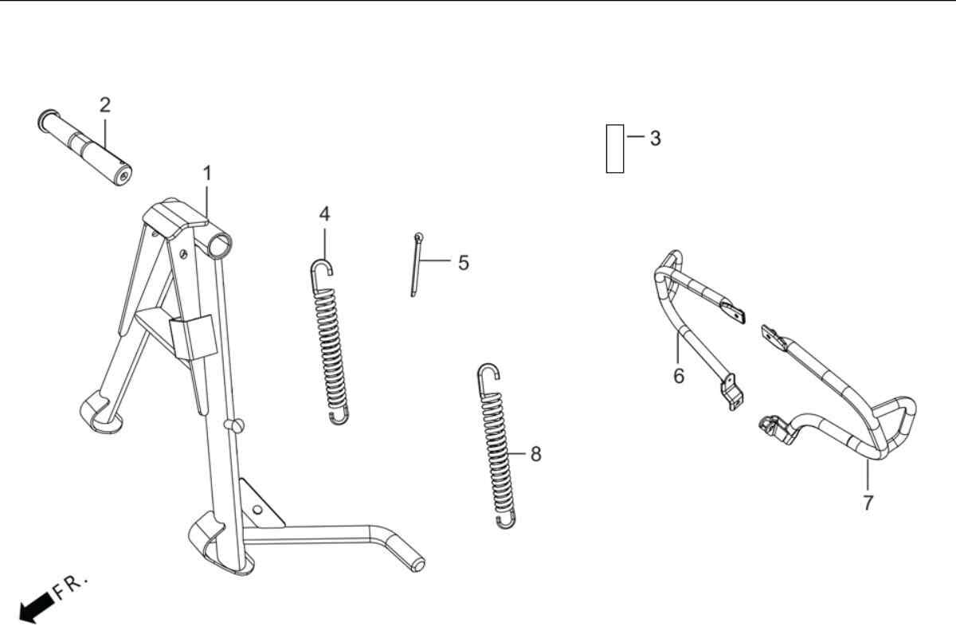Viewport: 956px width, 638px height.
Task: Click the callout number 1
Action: [x=207, y=174]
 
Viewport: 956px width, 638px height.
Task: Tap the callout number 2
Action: [x=105, y=105]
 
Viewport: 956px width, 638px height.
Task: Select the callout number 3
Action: [x=656, y=139]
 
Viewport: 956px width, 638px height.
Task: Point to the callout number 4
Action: [x=324, y=214]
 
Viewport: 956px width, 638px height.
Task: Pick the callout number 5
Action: [x=464, y=263]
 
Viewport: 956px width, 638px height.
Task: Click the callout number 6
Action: [x=679, y=376]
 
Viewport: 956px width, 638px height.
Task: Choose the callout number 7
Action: [x=868, y=503]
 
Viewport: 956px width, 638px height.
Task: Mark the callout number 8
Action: [x=536, y=454]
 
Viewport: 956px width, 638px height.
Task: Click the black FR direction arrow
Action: [x=37, y=607]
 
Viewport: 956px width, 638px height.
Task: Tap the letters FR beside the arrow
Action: [x=69, y=586]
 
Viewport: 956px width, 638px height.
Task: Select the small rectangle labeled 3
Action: [x=615, y=149]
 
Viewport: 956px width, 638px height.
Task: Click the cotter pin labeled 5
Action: [x=416, y=264]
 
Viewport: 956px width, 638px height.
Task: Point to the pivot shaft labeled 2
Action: [x=84, y=147]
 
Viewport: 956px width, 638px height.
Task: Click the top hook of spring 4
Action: [x=321, y=269]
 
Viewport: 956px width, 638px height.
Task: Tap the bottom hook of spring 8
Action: [x=507, y=521]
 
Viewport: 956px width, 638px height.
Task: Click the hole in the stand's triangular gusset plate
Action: [x=257, y=510]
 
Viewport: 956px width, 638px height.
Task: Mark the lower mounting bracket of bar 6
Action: [x=732, y=392]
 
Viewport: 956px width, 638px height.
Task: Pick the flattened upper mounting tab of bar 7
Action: [x=774, y=337]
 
